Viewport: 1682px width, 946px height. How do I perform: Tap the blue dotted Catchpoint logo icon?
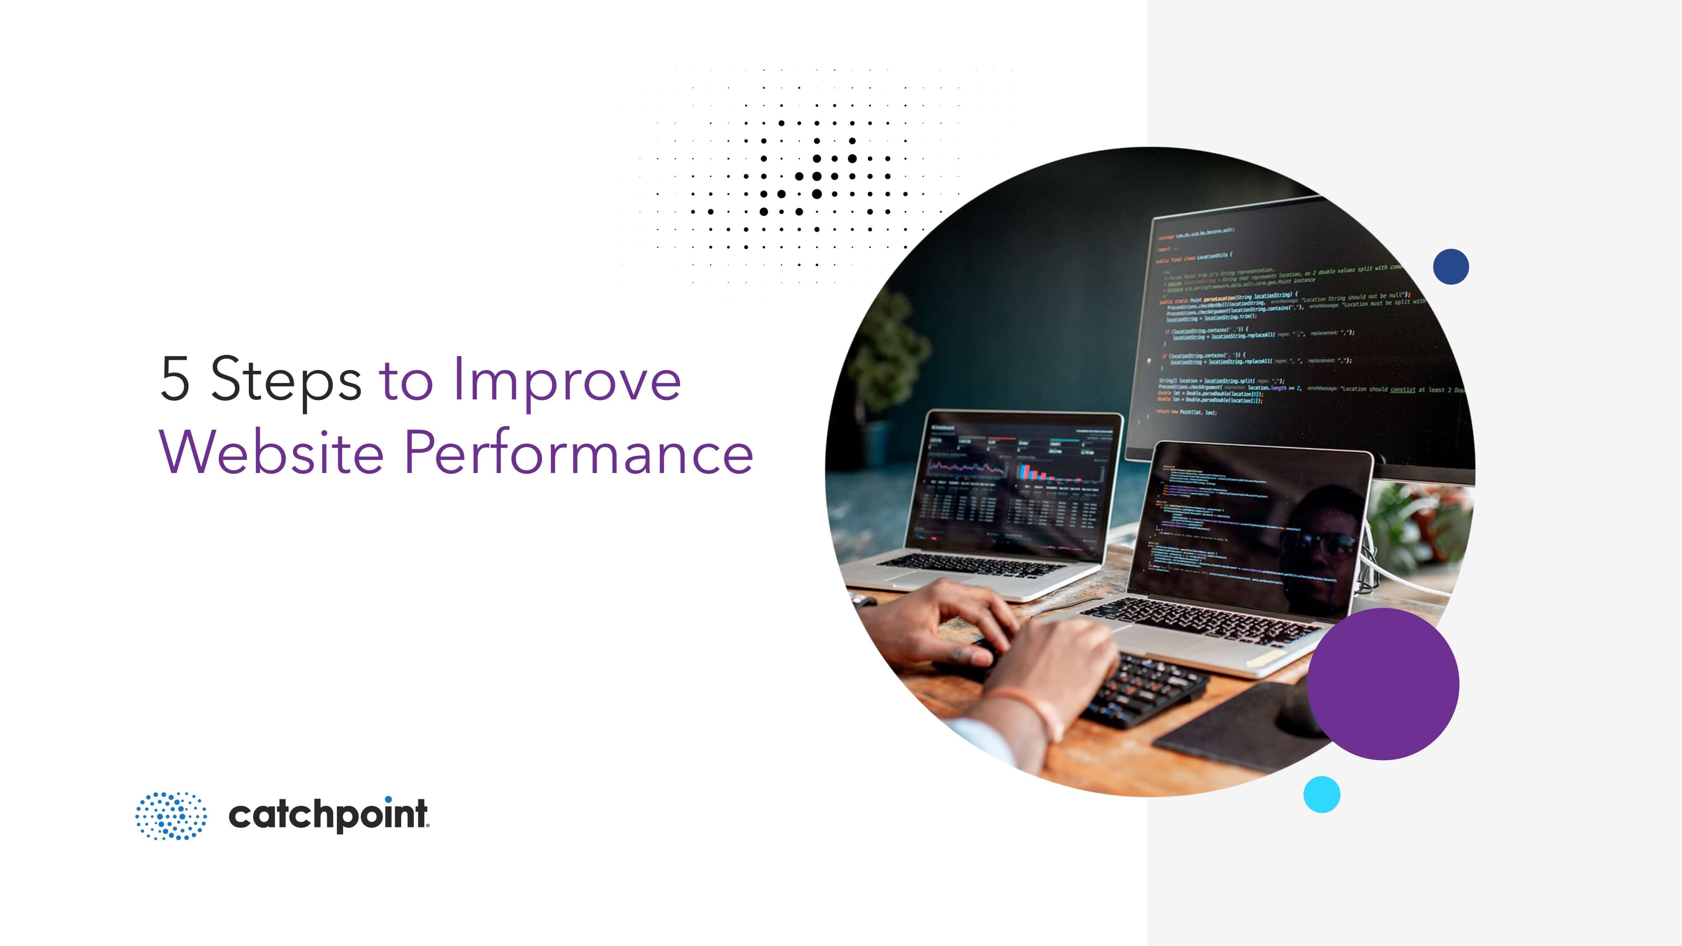171,815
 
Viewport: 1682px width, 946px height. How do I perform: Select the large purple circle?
1383,684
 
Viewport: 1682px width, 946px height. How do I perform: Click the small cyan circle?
1322,794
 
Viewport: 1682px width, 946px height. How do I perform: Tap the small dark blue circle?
1451,267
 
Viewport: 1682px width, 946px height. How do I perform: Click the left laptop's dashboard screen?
1016,486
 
